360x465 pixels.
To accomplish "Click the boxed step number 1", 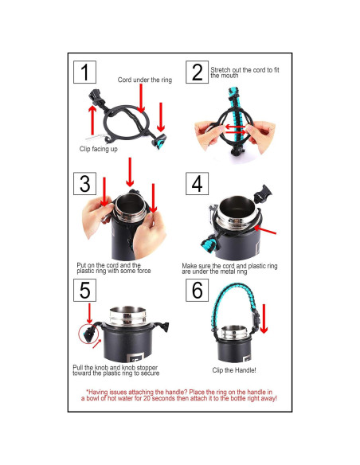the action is pyautogui.click(x=84, y=72).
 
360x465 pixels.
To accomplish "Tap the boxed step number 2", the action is pyautogui.click(x=198, y=72).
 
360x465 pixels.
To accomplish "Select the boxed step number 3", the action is pyautogui.click(x=84, y=184).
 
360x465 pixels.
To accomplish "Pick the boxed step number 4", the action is pyautogui.click(x=198, y=184).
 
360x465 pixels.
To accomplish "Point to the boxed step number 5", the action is pyautogui.click(x=84, y=291).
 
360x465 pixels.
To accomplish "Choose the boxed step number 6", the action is pyautogui.click(x=198, y=291).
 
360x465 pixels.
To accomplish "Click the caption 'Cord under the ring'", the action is pyautogui.click(x=145, y=80).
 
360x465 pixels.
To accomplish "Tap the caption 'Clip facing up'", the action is pyautogui.click(x=99, y=149).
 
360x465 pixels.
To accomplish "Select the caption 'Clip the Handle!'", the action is pyautogui.click(x=234, y=370).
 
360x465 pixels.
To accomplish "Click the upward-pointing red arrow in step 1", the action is pyautogui.click(x=92, y=120).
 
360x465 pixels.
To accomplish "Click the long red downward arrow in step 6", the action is pyautogui.click(x=264, y=318).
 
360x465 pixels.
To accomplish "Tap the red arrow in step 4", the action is pyautogui.click(x=265, y=230).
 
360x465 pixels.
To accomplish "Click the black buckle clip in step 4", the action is pyautogui.click(x=263, y=193).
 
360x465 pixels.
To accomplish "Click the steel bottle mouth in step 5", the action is pyautogui.click(x=127, y=316).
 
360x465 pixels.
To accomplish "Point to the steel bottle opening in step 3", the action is pyautogui.click(x=130, y=208).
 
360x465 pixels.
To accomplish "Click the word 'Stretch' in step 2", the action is pyautogui.click(x=221, y=70).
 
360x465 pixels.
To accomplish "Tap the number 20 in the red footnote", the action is pyautogui.click(x=147, y=398).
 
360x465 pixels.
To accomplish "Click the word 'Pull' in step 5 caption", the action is pyautogui.click(x=78, y=368).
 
